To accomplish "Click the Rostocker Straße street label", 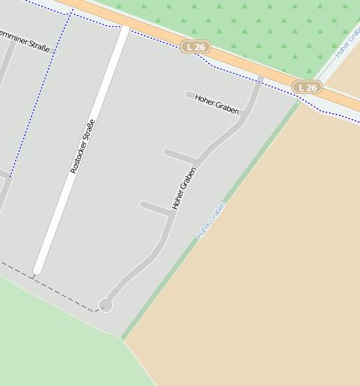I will point(83,147).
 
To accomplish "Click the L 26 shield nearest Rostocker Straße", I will point(195,47).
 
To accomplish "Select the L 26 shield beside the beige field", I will point(307,87).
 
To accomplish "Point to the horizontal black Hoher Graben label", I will point(217,104).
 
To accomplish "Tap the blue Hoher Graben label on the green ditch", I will point(211,221).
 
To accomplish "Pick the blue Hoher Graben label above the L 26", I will point(347,42).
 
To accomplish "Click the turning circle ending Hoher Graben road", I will point(106,305).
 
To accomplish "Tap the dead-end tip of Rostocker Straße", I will point(37,271).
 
